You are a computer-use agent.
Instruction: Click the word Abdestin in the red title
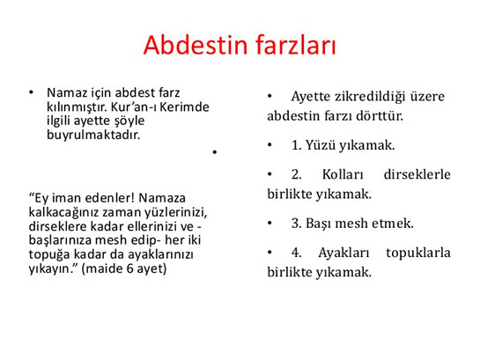coord(196,45)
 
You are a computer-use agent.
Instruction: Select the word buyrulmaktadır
coord(93,135)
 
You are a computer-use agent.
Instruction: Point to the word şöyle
coord(129,121)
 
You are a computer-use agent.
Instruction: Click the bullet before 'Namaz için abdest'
coord(31,92)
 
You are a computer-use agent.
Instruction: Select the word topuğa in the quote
coord(49,254)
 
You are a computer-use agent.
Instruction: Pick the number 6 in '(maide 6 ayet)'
coord(129,268)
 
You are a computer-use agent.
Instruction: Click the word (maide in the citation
coord(102,268)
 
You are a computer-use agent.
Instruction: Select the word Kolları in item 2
coord(343,174)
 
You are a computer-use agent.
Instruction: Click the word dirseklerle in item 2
coord(417,174)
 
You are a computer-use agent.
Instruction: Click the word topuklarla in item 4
coord(418,253)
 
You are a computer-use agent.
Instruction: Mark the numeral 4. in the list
coord(296,253)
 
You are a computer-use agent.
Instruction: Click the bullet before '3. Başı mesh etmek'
coord(270,223)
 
